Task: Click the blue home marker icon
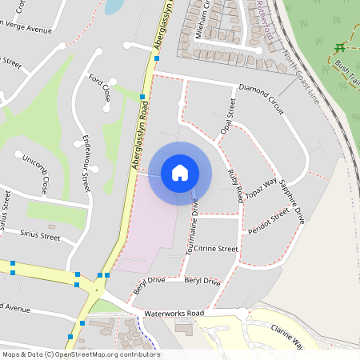pos(179,173)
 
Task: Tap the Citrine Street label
pos(216,250)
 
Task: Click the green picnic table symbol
pos(340,47)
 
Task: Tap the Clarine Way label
pos(287,336)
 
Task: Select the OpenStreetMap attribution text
pos(80,354)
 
